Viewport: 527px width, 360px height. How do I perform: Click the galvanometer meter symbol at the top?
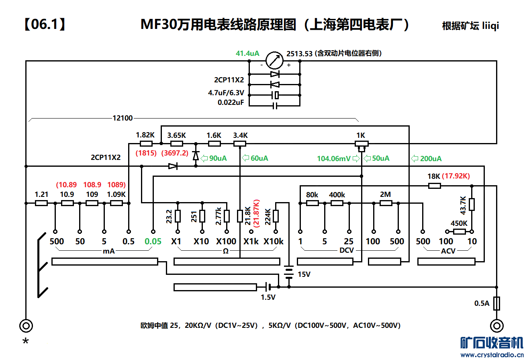[275, 61]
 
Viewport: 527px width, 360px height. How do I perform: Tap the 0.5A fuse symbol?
[497, 303]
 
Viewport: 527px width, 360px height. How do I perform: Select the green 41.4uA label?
[247, 53]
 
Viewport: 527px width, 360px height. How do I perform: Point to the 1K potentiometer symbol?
[362, 144]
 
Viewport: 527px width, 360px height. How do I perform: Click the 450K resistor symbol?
[460, 231]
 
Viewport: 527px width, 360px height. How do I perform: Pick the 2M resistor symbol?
[386, 203]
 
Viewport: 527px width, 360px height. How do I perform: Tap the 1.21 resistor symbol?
[41, 203]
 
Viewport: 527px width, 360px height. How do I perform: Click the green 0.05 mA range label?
[153, 241]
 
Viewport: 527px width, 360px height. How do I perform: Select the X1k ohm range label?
[251, 241]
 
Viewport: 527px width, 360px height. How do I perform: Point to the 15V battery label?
[304, 274]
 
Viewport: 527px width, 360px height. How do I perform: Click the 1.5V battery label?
[268, 297]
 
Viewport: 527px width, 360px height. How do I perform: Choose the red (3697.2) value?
[175, 153]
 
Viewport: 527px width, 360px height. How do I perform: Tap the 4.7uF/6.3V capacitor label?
[226, 93]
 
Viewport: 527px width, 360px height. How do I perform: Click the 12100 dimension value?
[123, 118]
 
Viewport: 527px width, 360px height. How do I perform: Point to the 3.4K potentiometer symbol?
[240, 144]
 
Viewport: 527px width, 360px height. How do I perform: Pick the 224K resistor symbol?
[276, 216]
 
